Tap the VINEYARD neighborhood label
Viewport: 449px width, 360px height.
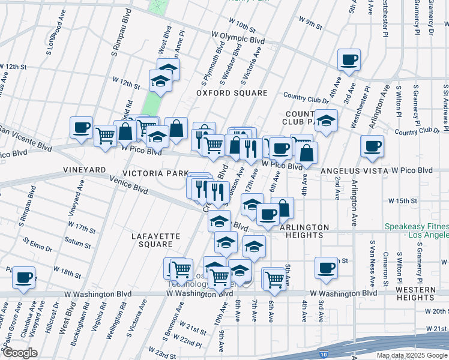(85, 171)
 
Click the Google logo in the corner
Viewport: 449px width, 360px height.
(20, 353)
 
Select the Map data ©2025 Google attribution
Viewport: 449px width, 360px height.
(411, 355)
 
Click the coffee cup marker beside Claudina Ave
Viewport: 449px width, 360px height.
(23, 277)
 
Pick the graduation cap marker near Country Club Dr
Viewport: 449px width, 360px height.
(326, 121)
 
